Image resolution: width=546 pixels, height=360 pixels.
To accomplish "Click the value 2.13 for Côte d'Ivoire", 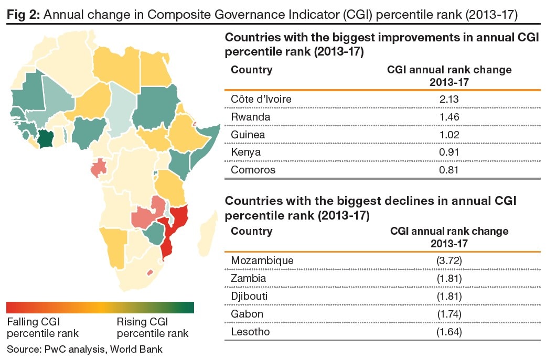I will (x=449, y=99).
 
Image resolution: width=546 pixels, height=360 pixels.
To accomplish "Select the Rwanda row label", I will (x=251, y=117).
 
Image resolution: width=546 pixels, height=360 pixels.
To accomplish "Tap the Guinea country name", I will (x=248, y=135).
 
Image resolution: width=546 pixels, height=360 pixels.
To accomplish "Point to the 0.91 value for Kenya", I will (x=449, y=152).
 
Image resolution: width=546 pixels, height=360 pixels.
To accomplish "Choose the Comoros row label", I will (x=253, y=170).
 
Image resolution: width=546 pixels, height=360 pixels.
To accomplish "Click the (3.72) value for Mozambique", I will (x=449, y=260).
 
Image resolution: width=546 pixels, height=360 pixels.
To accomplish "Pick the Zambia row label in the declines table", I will (x=249, y=278).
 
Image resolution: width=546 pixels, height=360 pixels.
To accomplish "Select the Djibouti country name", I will (x=250, y=296).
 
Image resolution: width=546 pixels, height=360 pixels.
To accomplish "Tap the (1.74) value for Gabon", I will (x=449, y=314).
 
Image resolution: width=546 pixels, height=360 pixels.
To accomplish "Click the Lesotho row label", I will (x=250, y=332).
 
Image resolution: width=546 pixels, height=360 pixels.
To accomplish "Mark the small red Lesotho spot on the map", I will (x=151, y=272).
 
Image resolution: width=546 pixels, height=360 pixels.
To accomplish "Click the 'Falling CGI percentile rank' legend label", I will (x=42, y=328).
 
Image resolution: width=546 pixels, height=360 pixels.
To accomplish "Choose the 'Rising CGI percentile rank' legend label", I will (x=152, y=328).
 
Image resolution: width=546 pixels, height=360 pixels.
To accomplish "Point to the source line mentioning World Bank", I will (x=84, y=349).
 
